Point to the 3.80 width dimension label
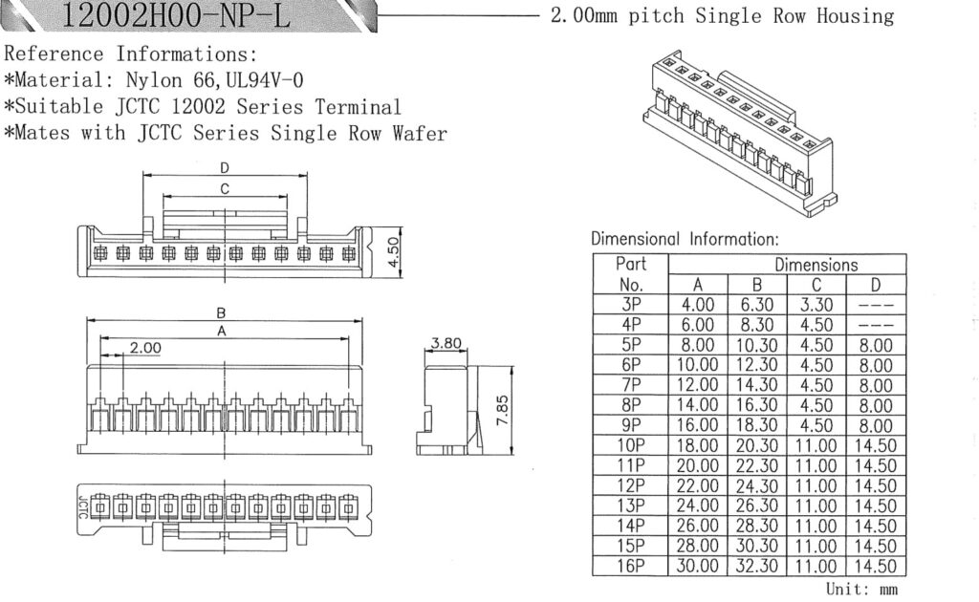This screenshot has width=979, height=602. coord(446,343)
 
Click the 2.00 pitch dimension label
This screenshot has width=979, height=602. coord(145,348)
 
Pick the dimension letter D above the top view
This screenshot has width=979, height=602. coord(225,168)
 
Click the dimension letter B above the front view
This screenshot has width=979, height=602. coord(221,312)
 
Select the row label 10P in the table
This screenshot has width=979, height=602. coord(631,445)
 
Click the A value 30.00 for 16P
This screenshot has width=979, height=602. coord(698,566)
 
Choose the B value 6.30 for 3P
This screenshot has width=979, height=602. coord(757,305)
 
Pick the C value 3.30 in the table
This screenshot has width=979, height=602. coord(816,305)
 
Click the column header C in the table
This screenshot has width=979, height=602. coord(816,285)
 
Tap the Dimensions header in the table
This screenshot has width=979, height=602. coord(816,265)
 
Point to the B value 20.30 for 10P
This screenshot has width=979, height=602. coord(757,445)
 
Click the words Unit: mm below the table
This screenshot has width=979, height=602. coord(861,589)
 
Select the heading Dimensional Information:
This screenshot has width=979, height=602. coord(685,239)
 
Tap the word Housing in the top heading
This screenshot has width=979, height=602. coord(855,16)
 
